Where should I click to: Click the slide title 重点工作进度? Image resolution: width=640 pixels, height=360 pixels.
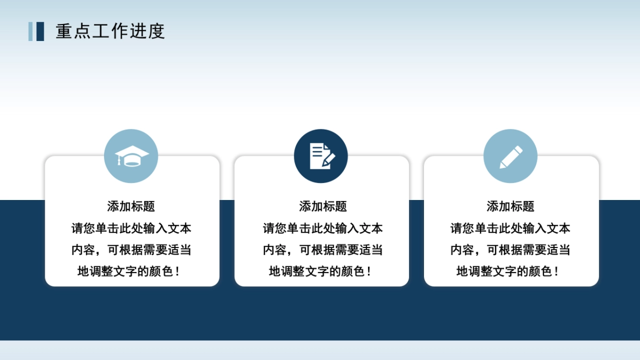[x=110, y=31]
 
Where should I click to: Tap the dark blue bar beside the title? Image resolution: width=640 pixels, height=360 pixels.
[x=40, y=31]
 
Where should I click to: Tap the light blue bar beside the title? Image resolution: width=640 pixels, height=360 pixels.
[x=31, y=31]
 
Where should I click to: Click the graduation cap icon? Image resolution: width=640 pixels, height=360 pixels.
[x=131, y=156]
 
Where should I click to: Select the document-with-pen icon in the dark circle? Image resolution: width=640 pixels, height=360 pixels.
[x=321, y=156]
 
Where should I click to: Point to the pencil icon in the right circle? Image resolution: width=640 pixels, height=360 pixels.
[x=510, y=156]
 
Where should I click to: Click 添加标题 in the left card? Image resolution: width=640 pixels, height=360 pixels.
[x=131, y=206]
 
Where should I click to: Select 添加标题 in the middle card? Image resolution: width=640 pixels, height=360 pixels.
[x=323, y=206]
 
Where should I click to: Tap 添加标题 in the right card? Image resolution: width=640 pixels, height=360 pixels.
[x=510, y=206]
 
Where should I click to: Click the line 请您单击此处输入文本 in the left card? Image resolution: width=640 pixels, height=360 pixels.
[x=131, y=229]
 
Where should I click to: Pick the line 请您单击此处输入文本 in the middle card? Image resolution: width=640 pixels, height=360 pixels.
[x=323, y=229]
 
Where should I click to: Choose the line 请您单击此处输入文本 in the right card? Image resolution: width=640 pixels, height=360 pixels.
[x=510, y=229]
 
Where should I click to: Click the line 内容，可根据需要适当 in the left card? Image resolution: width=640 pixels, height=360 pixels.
[x=131, y=250]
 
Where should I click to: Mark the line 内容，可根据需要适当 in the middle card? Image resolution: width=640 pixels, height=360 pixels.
[x=323, y=250]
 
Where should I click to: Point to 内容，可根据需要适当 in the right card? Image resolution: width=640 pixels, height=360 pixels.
[x=510, y=250]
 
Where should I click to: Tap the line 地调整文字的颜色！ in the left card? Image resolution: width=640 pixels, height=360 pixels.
[x=128, y=271]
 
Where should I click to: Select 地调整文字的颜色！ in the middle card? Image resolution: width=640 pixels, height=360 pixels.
[x=319, y=271]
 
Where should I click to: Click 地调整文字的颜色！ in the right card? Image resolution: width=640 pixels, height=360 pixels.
[x=507, y=271]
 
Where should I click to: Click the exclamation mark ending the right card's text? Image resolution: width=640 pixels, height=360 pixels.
[x=557, y=271]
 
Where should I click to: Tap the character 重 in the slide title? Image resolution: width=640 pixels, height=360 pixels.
[x=63, y=31]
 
